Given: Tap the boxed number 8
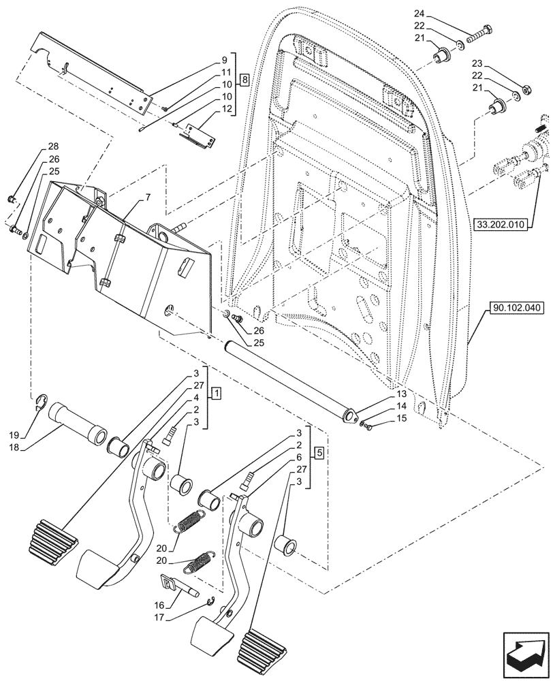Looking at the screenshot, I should point(244,79).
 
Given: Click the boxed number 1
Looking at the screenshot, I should point(215,393).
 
